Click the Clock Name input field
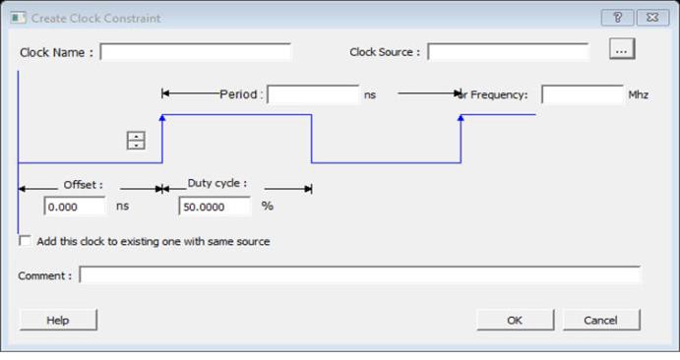[x=195, y=52]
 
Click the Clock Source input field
[x=508, y=52]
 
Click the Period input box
[x=313, y=94]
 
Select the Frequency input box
[x=583, y=94]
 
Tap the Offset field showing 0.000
[x=75, y=207]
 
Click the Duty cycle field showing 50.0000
[x=215, y=207]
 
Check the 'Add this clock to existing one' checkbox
[x=26, y=241]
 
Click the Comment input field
[x=359, y=275]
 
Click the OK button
[x=516, y=320]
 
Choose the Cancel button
[x=601, y=320]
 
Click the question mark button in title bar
[x=618, y=18]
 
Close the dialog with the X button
[x=652, y=18]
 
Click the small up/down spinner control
[x=136, y=141]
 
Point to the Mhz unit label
[x=639, y=94]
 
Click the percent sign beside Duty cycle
[x=268, y=206]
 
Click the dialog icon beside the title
[x=19, y=18]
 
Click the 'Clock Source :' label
[x=385, y=52]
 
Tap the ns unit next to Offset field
[x=122, y=207]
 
